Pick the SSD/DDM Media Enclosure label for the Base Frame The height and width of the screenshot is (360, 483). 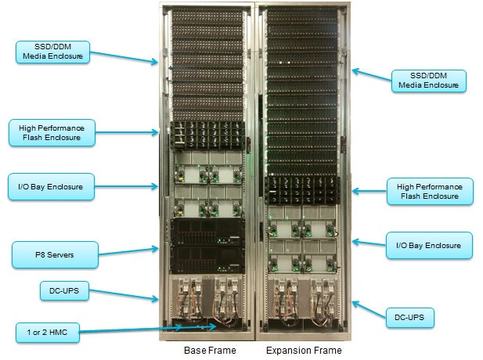[x=52, y=52]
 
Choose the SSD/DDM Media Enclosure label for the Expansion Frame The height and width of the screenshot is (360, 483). [x=429, y=80]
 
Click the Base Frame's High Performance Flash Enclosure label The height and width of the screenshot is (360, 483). [x=52, y=131]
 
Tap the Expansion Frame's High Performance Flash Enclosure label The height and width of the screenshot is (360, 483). [x=429, y=190]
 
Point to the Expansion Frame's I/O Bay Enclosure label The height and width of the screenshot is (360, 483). [x=429, y=246]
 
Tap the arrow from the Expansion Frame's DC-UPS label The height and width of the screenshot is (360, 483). [x=368, y=308]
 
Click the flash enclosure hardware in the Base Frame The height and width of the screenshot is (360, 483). [x=205, y=134]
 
